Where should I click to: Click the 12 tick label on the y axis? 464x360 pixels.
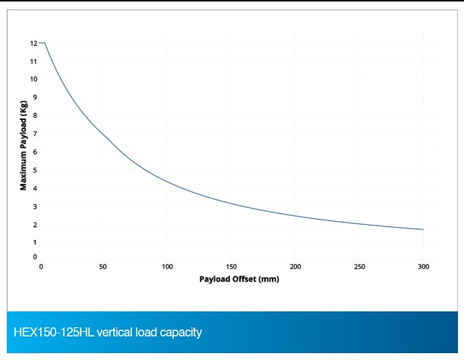click(33, 43)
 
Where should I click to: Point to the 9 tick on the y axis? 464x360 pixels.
click(35, 97)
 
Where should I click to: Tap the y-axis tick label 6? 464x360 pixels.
click(35, 152)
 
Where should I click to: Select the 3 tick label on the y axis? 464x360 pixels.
click(35, 207)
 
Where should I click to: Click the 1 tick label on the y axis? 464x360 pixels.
click(35, 242)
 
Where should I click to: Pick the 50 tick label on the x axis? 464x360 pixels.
click(103, 267)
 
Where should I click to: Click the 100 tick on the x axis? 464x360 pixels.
click(167, 267)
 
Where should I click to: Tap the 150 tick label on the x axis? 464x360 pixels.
click(232, 267)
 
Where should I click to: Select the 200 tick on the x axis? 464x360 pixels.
click(295, 267)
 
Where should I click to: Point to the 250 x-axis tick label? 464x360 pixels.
click(359, 267)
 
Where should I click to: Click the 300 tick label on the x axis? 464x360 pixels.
click(424, 267)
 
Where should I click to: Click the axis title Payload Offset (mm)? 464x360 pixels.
click(239, 279)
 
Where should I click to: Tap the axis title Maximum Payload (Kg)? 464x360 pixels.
click(24, 145)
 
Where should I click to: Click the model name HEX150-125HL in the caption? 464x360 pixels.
click(54, 332)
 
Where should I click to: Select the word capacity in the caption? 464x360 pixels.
click(181, 333)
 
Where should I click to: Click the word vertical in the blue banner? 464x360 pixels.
click(115, 332)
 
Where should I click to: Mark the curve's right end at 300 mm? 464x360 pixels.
click(423, 229)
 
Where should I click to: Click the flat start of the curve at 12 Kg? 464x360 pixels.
click(42, 43)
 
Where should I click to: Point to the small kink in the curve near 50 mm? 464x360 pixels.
click(109, 139)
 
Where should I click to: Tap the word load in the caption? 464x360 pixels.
click(146, 332)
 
